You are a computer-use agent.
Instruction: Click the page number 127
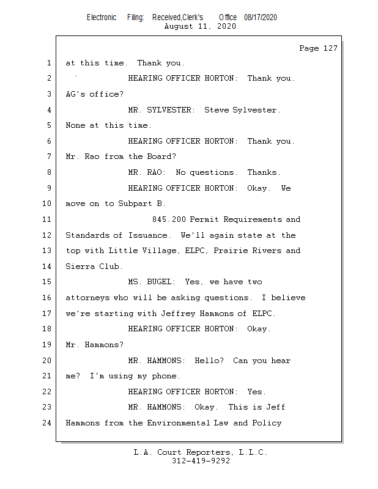tap(330, 48)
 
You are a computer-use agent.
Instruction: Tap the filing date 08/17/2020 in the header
tap(261, 17)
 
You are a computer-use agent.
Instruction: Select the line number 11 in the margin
tap(46, 219)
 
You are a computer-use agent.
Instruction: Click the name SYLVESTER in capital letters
tap(171, 110)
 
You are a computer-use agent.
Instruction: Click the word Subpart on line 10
tap(135, 204)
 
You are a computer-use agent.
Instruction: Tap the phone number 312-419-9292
tap(201, 461)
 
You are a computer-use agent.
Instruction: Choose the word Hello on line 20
tap(209, 361)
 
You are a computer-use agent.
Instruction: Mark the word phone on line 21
tap(166, 376)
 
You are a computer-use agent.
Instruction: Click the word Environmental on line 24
tap(178, 423)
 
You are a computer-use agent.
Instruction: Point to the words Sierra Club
tap(94, 267)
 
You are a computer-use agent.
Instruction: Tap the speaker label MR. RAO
tap(147, 172)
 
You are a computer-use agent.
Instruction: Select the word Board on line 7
tap(161, 156)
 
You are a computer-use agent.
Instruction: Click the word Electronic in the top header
tap(102, 17)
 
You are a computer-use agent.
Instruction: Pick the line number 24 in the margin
tap(46, 423)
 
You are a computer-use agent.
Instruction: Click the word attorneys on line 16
tap(87, 298)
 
